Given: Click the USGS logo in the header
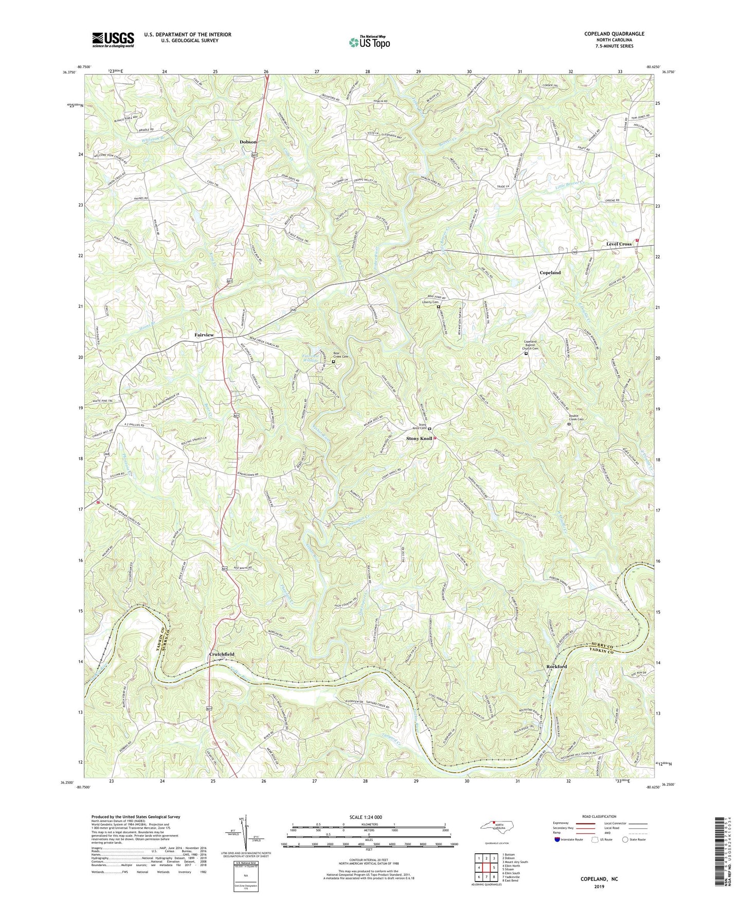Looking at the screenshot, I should [x=113, y=39].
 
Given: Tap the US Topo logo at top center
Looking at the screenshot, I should [x=369, y=42].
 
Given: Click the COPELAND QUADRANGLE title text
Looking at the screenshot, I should [x=613, y=34].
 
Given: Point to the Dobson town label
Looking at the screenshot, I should [x=248, y=142].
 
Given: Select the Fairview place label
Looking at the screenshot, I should [x=204, y=335].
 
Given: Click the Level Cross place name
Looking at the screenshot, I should [x=619, y=244].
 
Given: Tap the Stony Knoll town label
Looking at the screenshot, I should [x=419, y=438].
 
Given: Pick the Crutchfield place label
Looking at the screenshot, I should [x=222, y=654].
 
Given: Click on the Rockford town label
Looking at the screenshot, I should [x=556, y=666].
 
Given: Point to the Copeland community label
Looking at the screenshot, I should [x=550, y=272].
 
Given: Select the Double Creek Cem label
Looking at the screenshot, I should [x=576, y=418].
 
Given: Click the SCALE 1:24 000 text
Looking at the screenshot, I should [x=368, y=817].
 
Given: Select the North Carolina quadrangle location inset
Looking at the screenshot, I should [x=493, y=829].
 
